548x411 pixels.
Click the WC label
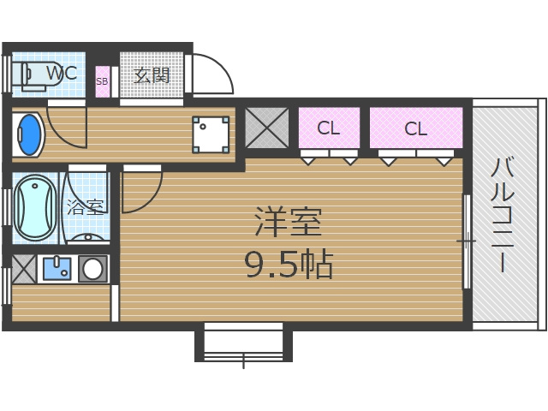coord(62,74)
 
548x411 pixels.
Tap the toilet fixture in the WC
coord(31,75)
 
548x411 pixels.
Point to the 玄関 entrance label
coord(152,74)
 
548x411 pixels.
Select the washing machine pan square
coord(211,134)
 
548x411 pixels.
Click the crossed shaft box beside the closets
coord(267,128)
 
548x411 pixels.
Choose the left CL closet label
coord(329,129)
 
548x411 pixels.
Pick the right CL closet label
coord(416,129)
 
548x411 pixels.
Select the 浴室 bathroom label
coord(85,206)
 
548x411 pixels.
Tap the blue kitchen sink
coord(57,269)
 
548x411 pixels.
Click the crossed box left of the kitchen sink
coord(23,268)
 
